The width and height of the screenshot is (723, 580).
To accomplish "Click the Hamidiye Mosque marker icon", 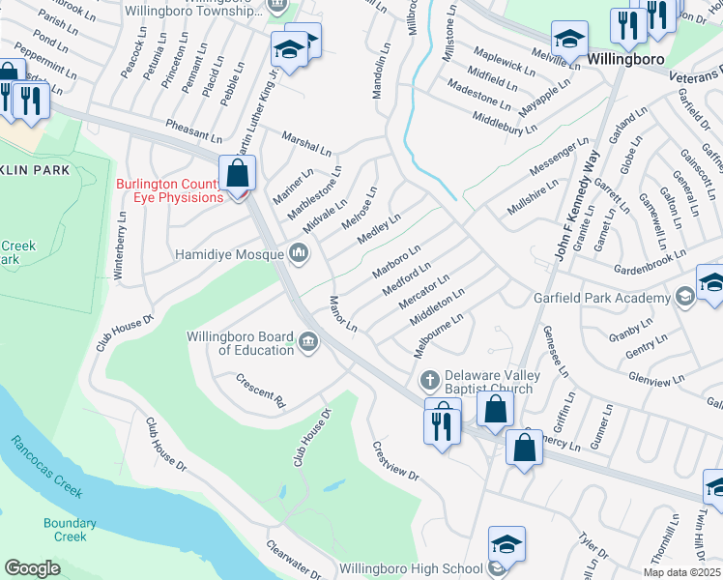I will [298, 254].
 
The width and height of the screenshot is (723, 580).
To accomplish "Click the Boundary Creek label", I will [70, 530].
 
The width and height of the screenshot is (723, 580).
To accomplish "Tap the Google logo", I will [32, 567].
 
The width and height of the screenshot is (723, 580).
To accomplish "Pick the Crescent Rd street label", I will [262, 390].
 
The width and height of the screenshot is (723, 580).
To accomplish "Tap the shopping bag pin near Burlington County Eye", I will [238, 175].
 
